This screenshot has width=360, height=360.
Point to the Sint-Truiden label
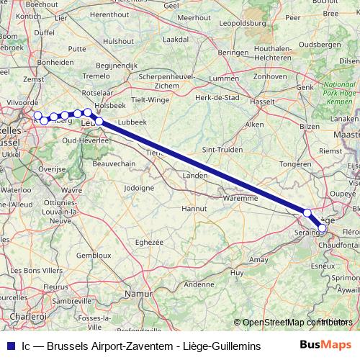point(220,149)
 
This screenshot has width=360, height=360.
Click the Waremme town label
point(240,197)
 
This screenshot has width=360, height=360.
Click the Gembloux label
point(94,255)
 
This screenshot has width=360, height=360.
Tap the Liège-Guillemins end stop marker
point(323,228)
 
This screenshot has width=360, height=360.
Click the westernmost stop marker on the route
point(37,115)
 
